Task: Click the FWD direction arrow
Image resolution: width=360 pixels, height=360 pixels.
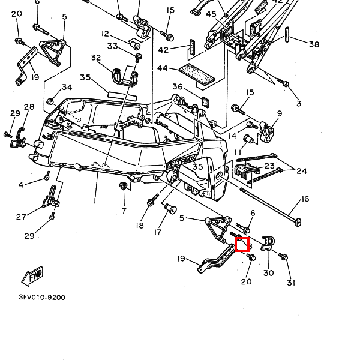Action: (x=32, y=275)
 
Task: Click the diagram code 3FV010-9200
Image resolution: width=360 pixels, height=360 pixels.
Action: (x=41, y=297)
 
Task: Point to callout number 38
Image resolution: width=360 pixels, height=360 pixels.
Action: (x=314, y=44)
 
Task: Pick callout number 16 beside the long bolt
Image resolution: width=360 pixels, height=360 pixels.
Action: (x=304, y=199)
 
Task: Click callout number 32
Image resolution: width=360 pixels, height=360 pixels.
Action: (x=96, y=58)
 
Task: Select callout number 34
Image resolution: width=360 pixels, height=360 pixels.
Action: (x=67, y=87)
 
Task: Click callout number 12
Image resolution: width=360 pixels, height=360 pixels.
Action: (x=105, y=34)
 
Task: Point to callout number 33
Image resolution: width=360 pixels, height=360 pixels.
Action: (x=112, y=46)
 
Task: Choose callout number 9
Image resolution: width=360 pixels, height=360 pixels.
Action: (x=279, y=113)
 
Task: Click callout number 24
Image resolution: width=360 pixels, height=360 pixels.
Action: (x=302, y=171)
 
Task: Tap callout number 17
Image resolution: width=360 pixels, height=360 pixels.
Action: (x=158, y=232)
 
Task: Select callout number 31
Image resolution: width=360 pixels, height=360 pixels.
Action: (x=292, y=283)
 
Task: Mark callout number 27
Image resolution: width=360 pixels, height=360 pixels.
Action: (x=21, y=217)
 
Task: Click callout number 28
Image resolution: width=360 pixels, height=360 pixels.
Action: (x=29, y=107)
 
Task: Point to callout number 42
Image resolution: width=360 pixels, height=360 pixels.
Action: (x=163, y=50)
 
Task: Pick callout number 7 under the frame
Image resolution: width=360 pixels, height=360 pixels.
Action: (x=124, y=211)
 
